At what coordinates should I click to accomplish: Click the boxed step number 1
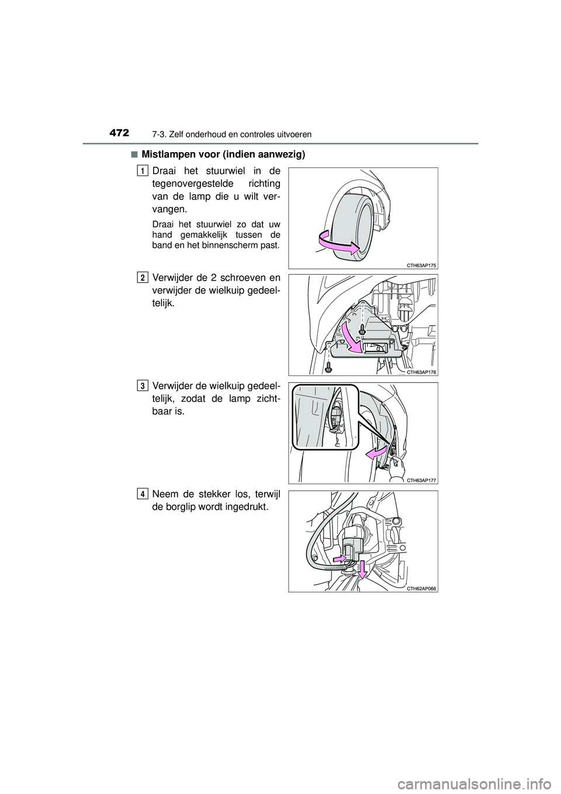pyautogui.click(x=143, y=170)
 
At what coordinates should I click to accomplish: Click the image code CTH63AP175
pyautogui.click(x=421, y=265)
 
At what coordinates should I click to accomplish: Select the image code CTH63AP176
pyautogui.click(x=421, y=372)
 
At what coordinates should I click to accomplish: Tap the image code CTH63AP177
pyautogui.click(x=421, y=480)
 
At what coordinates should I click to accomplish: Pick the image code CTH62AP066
pyautogui.click(x=421, y=588)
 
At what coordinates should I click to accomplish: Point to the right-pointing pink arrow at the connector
pyautogui.click(x=341, y=559)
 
